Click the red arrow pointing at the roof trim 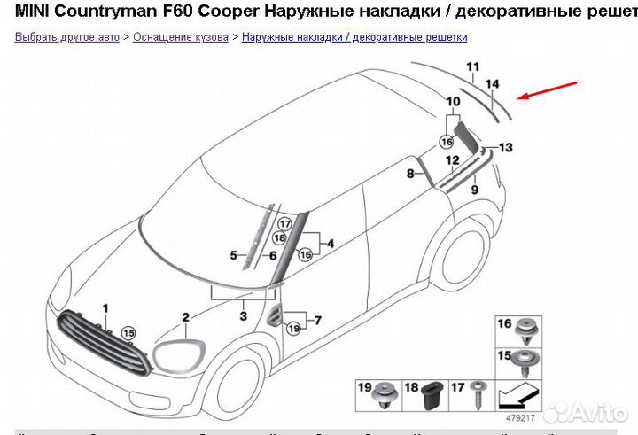(x=549, y=90)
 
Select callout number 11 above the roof (x=473, y=66)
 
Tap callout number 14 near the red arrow (x=494, y=83)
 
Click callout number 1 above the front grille (x=105, y=307)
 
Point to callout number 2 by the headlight (x=185, y=317)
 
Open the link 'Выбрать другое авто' (x=67, y=37)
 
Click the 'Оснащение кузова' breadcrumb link (x=180, y=37)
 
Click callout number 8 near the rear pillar (x=410, y=175)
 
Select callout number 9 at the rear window (x=474, y=190)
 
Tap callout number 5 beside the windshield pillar (x=233, y=255)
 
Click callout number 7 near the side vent (x=318, y=320)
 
